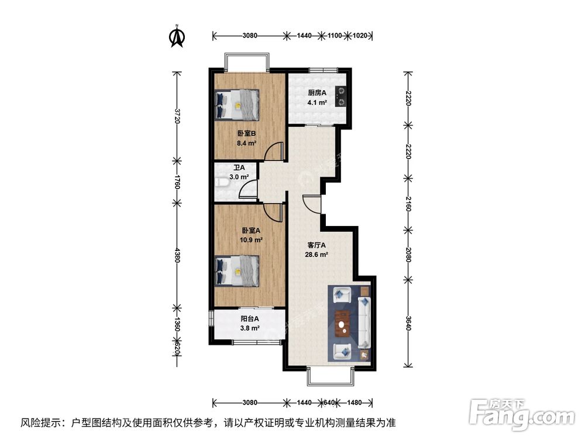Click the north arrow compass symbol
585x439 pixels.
pos(177,37)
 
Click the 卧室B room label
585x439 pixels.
pos(246,133)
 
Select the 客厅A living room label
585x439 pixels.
pos(316,245)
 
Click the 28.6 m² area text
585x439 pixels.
pos(317,255)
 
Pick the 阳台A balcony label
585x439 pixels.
pos(250,319)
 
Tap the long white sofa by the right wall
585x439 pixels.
pos(364,323)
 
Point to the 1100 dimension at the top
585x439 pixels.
pos(335,36)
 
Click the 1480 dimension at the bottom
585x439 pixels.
pos(353,403)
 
